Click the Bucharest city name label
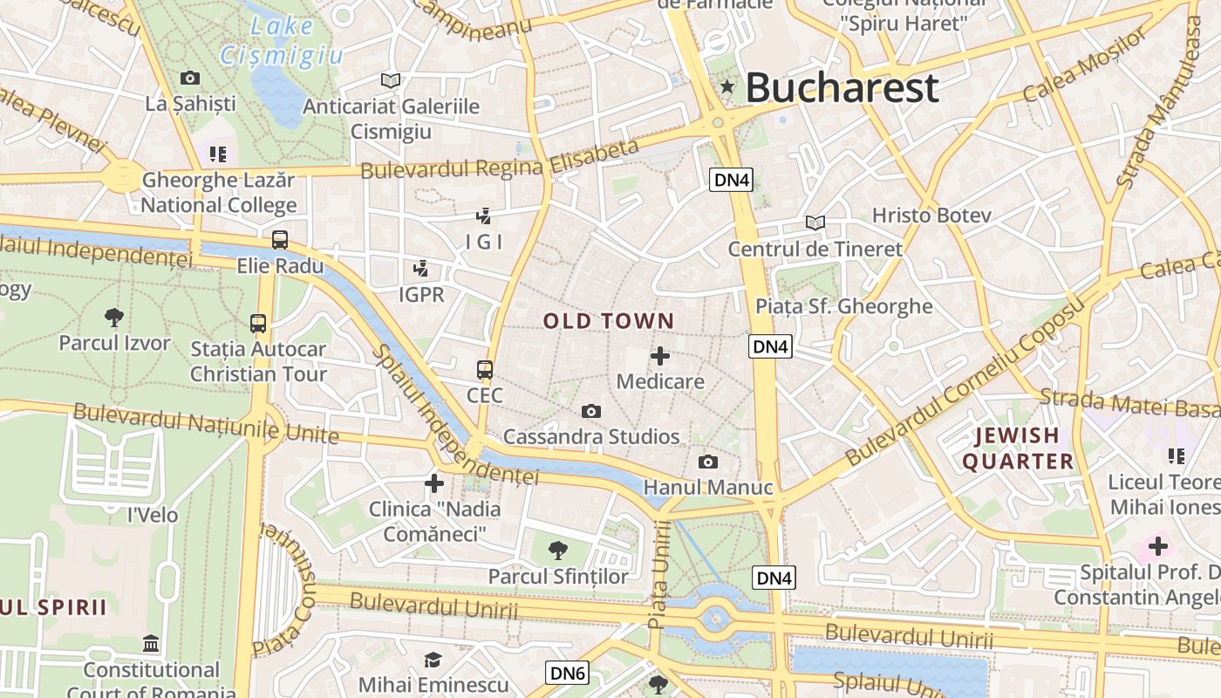pyautogui.click(x=842, y=88)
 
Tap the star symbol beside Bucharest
pyautogui.click(x=727, y=86)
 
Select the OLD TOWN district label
pyautogui.click(x=609, y=321)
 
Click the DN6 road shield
pyautogui.click(x=567, y=673)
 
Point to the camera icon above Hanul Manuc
pyautogui.click(x=708, y=462)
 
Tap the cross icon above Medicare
pyautogui.click(x=660, y=356)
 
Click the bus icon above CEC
pyautogui.click(x=485, y=370)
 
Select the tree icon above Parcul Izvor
pyautogui.click(x=113, y=317)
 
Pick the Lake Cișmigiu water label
pyautogui.click(x=281, y=41)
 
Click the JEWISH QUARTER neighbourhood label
pyautogui.click(x=1018, y=448)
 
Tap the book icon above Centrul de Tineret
pyautogui.click(x=815, y=223)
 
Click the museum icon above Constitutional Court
pyautogui.click(x=151, y=644)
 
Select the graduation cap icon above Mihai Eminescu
pyautogui.click(x=433, y=660)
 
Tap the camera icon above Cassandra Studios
pyautogui.click(x=591, y=411)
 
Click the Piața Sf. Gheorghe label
pyautogui.click(x=843, y=306)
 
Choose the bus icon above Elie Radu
pyautogui.click(x=280, y=240)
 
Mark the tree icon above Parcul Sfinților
pyautogui.click(x=557, y=551)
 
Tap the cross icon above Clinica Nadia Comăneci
pyautogui.click(x=434, y=482)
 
